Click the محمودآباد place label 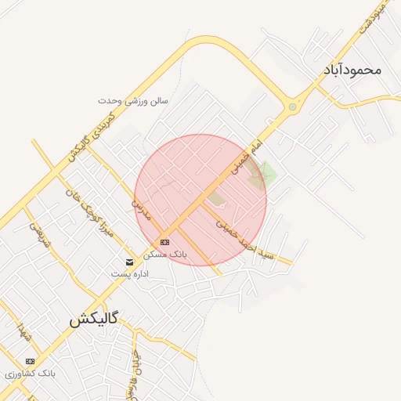[x=351, y=70]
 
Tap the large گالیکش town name [x=93, y=319]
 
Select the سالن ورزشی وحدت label [x=133, y=101]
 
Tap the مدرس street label [x=139, y=209]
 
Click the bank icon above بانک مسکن [x=164, y=242]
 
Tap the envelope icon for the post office [x=129, y=261]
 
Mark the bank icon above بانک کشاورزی [x=31, y=361]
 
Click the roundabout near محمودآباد [x=292, y=107]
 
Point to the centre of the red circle [x=200, y=200]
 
